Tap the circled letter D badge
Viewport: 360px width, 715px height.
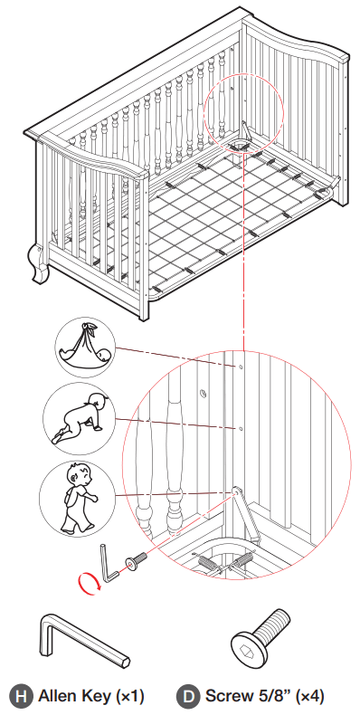pos(189,696)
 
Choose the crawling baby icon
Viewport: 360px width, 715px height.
pos(76,417)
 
